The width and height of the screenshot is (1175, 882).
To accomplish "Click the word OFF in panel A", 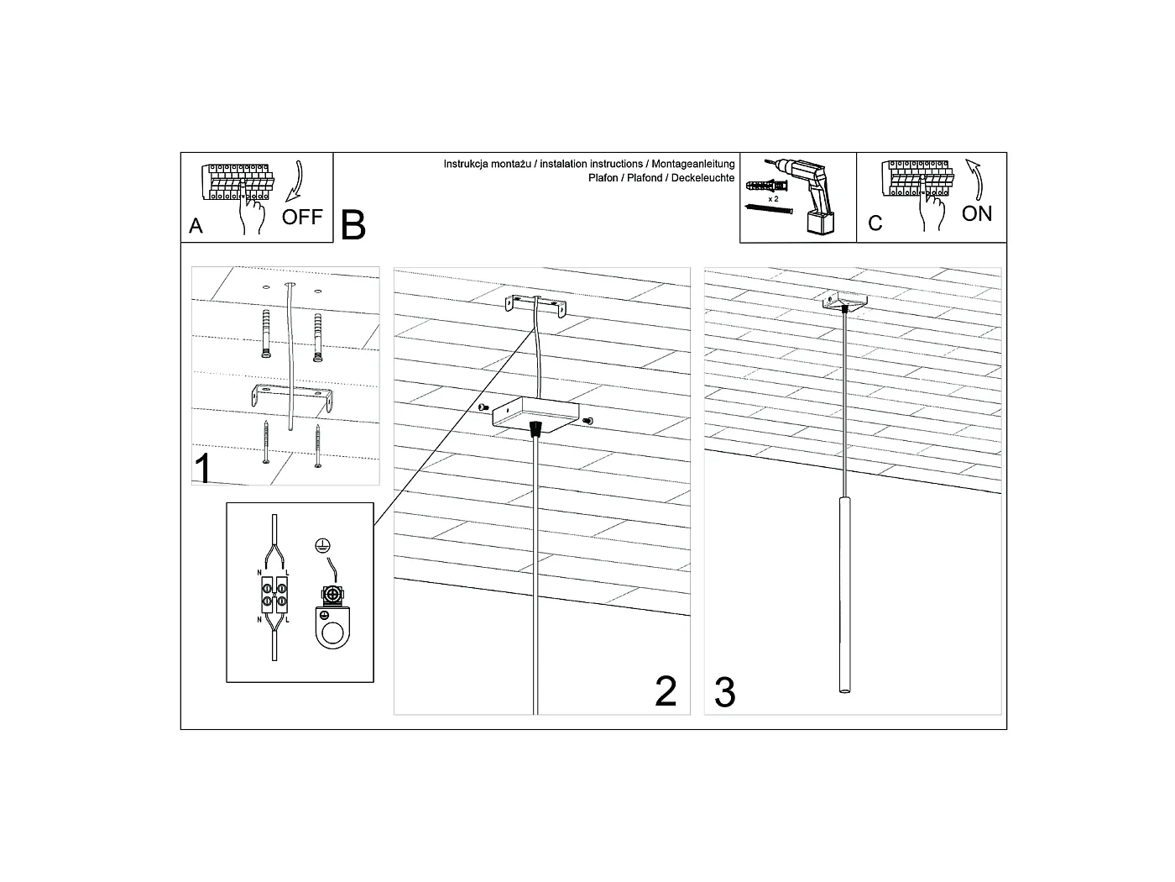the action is coord(302,217).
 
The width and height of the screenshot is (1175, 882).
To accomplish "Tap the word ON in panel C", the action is coord(976,213).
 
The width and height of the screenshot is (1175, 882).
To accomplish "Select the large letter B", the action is coord(352,225).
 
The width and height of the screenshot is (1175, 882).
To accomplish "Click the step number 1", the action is coord(203,469).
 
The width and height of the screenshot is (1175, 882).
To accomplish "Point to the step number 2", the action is coord(666,690).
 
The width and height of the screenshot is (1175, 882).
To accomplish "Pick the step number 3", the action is coord(725,692).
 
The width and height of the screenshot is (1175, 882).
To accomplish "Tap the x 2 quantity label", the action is coord(773,199).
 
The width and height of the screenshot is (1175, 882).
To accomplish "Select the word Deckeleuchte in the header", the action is coord(702,178).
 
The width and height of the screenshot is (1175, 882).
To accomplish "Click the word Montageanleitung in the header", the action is coord(693,164).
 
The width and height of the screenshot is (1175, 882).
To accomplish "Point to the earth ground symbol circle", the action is coord(322,546).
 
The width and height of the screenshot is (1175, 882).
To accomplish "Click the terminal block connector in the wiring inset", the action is coord(274,594).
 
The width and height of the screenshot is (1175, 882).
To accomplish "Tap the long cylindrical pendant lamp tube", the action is coord(844,595).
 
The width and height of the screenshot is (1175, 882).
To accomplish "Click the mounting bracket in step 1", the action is coord(292,398).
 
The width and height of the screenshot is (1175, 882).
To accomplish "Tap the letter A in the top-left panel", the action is coord(196,226).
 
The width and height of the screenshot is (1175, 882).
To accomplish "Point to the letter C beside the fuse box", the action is coord(875,223).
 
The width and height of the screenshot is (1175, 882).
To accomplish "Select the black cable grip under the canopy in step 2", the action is coord(535,428).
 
